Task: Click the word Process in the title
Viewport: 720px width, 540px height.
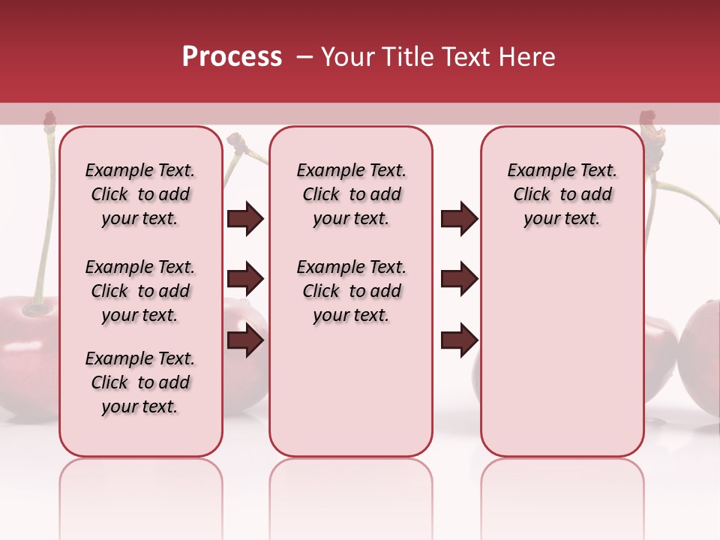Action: (232, 57)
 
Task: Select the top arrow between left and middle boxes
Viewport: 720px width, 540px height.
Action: (245, 219)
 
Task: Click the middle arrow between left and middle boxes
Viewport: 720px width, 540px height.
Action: (245, 280)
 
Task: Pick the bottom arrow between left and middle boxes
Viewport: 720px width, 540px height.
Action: (245, 340)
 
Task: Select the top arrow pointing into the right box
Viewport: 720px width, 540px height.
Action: (459, 218)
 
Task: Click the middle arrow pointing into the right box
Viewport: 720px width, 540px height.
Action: (459, 279)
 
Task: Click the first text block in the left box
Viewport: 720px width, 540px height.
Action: (139, 194)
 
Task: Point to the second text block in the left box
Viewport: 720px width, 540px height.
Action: (139, 291)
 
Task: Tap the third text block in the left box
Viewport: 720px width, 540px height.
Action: (139, 382)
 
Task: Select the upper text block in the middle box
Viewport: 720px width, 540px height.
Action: (351, 194)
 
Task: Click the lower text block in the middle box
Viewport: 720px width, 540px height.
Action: (351, 291)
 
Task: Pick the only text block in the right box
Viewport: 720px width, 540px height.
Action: (562, 194)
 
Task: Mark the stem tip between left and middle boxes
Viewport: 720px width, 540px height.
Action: (237, 141)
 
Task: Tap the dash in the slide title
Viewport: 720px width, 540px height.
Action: (304, 57)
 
